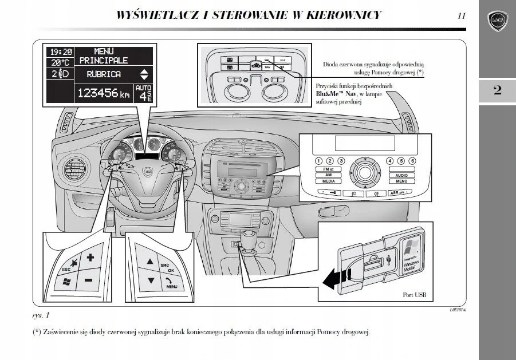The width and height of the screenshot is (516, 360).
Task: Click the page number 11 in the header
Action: click(461, 16)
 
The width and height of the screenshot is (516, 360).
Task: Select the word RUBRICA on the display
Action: click(104, 74)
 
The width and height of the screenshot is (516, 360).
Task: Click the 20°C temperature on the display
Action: click(59, 62)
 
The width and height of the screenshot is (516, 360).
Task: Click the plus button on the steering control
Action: click(89, 258)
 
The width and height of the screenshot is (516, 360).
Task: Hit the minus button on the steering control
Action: click(88, 280)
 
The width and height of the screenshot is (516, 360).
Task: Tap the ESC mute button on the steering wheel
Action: click(70, 264)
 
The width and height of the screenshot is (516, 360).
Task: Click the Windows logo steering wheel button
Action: click(66, 282)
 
